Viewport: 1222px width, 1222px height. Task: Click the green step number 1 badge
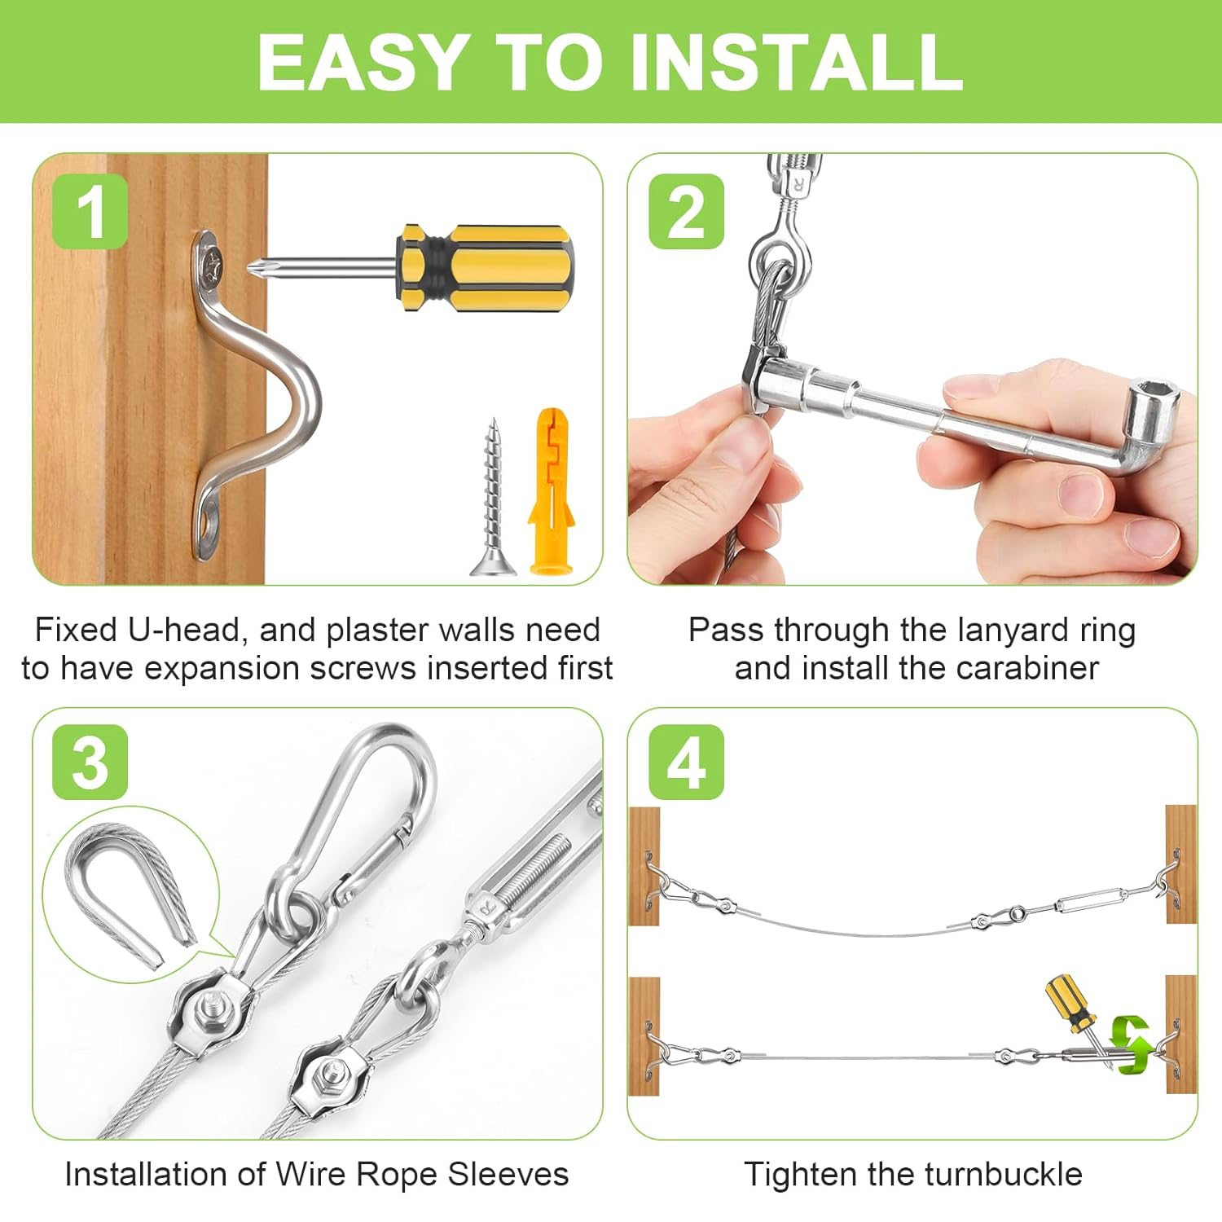click(90, 211)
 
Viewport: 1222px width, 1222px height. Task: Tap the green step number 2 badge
click(686, 211)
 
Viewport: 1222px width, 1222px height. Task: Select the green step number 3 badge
click(90, 762)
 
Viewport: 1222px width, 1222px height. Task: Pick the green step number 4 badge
click(686, 762)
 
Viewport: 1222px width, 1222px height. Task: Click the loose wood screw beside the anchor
click(492, 497)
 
